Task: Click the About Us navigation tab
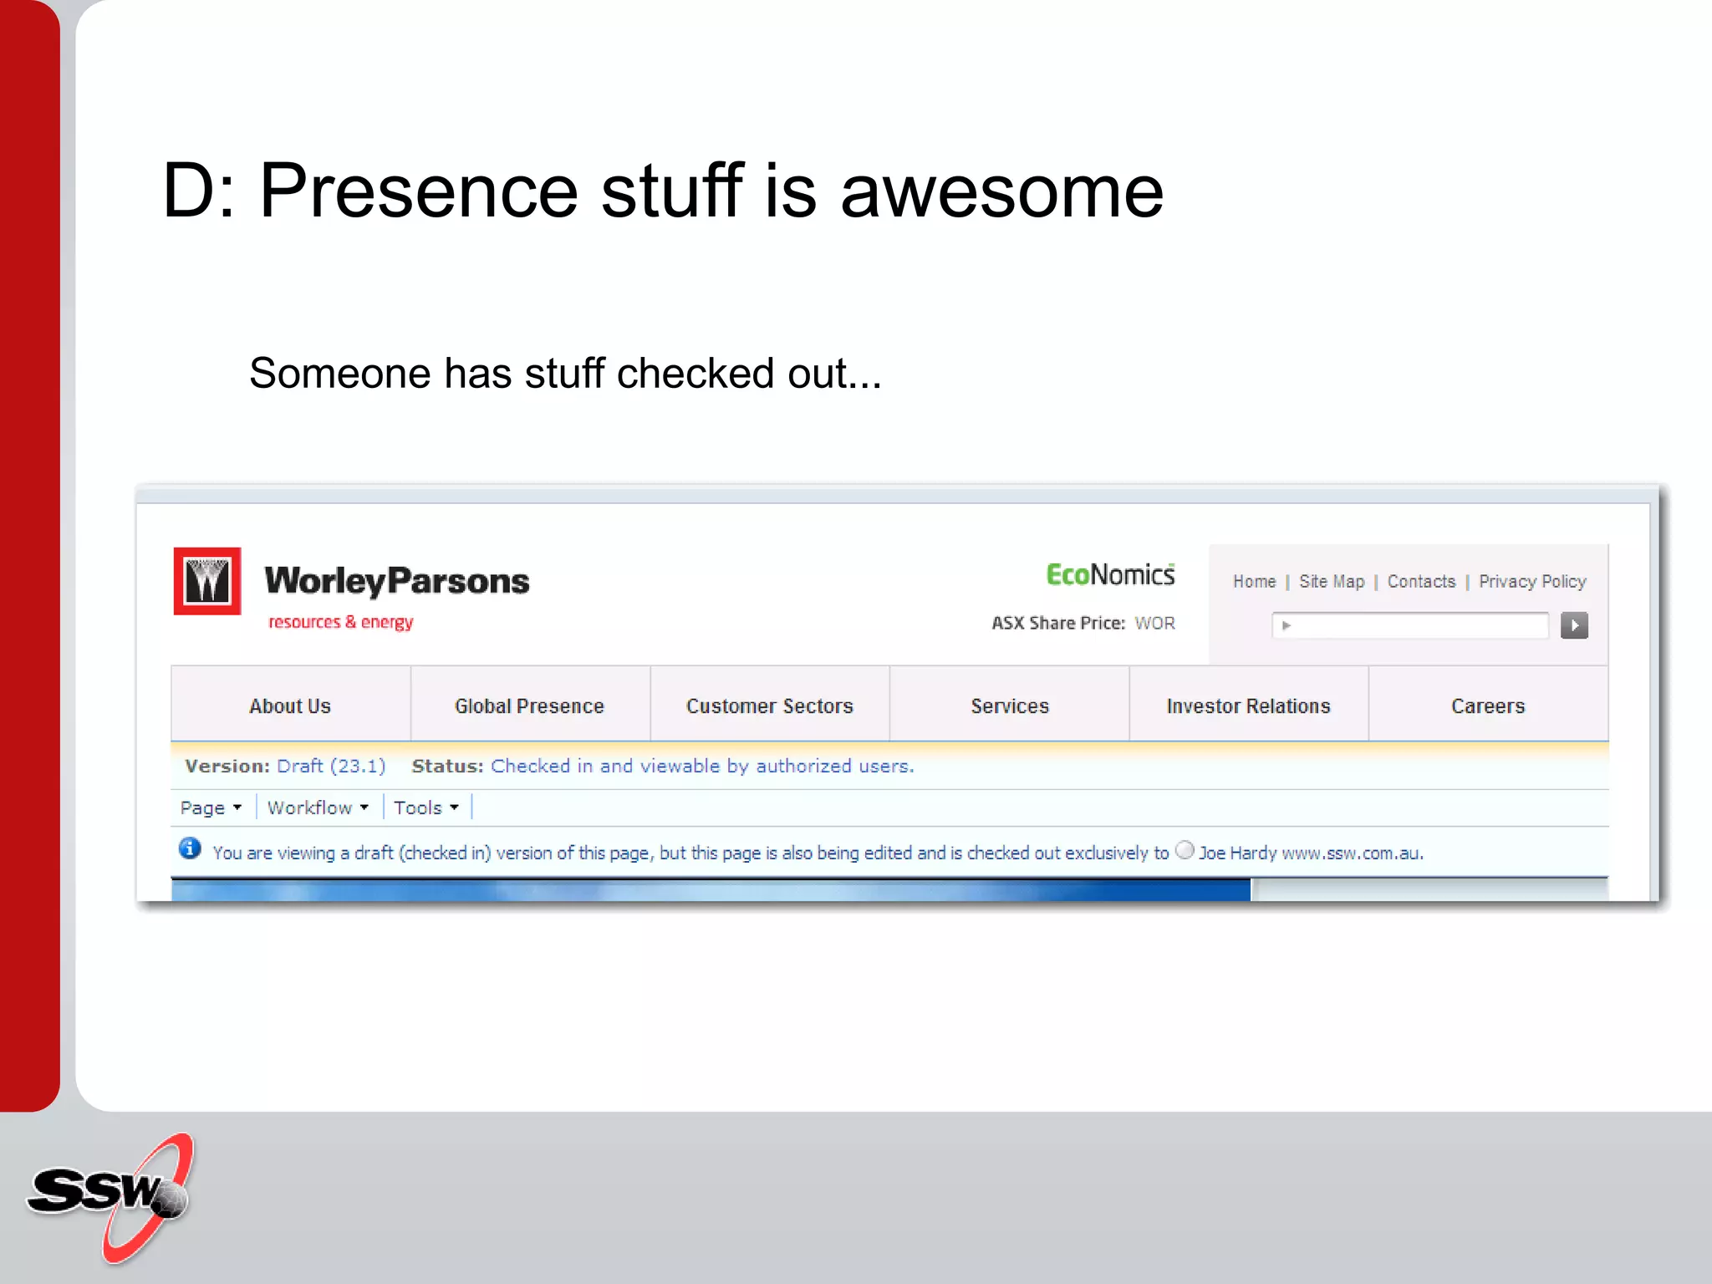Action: pos(290,706)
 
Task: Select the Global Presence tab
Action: pos(529,706)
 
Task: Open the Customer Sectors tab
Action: pos(769,706)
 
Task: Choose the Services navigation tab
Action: pos(1009,706)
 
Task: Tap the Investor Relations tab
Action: pos(1248,706)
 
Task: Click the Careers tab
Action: pos(1488,706)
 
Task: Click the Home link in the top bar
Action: pos(1254,581)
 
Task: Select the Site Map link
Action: pos(1331,581)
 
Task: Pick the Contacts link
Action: pos(1421,581)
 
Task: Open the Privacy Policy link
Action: pos(1532,581)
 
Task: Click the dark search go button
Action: pos(1574,625)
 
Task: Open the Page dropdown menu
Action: pos(211,808)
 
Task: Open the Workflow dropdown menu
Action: pos(318,808)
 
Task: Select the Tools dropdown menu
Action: pos(426,808)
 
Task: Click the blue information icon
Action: pos(190,848)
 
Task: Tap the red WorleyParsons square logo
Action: pos(207,581)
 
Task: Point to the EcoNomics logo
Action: pos(1110,575)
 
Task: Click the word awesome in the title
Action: pos(1001,191)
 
